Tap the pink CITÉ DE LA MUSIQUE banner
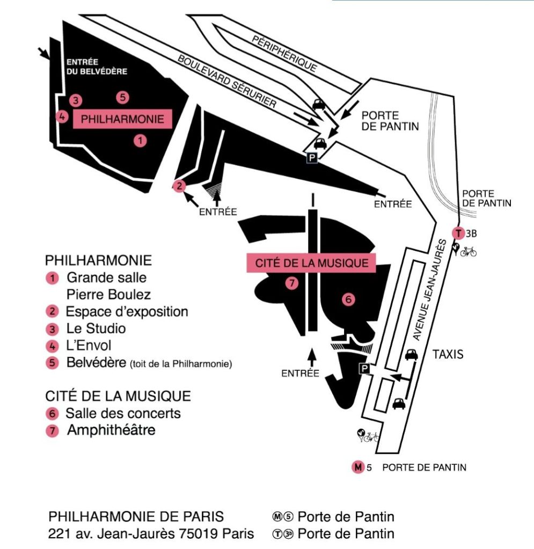click(311, 263)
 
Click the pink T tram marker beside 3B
click(458, 233)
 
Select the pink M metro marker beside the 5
click(358, 467)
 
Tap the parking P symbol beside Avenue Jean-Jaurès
click(364, 369)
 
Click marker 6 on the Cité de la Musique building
click(348, 300)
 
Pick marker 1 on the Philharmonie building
click(140, 141)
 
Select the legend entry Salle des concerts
click(123, 413)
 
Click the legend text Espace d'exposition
click(127, 311)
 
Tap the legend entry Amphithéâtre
click(111, 430)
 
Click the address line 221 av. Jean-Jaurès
click(151, 533)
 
